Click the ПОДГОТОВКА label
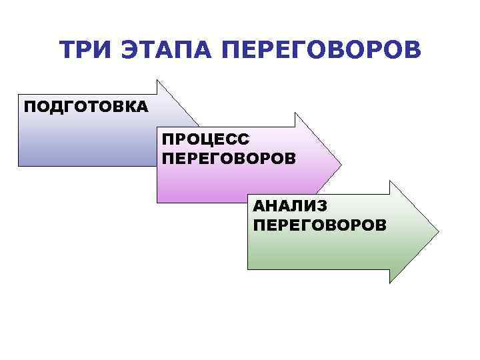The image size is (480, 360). click(86, 107)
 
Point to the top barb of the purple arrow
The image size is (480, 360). click(295, 113)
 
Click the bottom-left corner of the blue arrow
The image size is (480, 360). click(19, 165)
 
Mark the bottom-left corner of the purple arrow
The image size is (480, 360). click(157, 202)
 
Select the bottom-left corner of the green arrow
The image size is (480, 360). click(248, 269)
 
